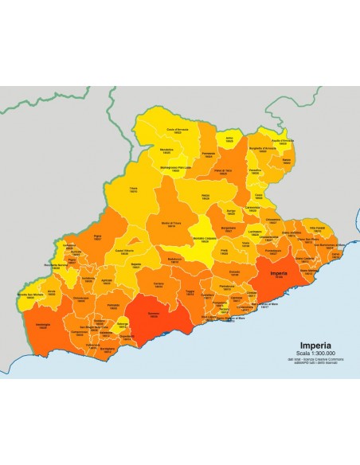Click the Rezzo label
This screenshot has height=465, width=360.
[x=205, y=196]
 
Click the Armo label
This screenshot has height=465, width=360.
[x=229, y=139]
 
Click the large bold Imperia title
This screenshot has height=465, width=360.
[x=291, y=346]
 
